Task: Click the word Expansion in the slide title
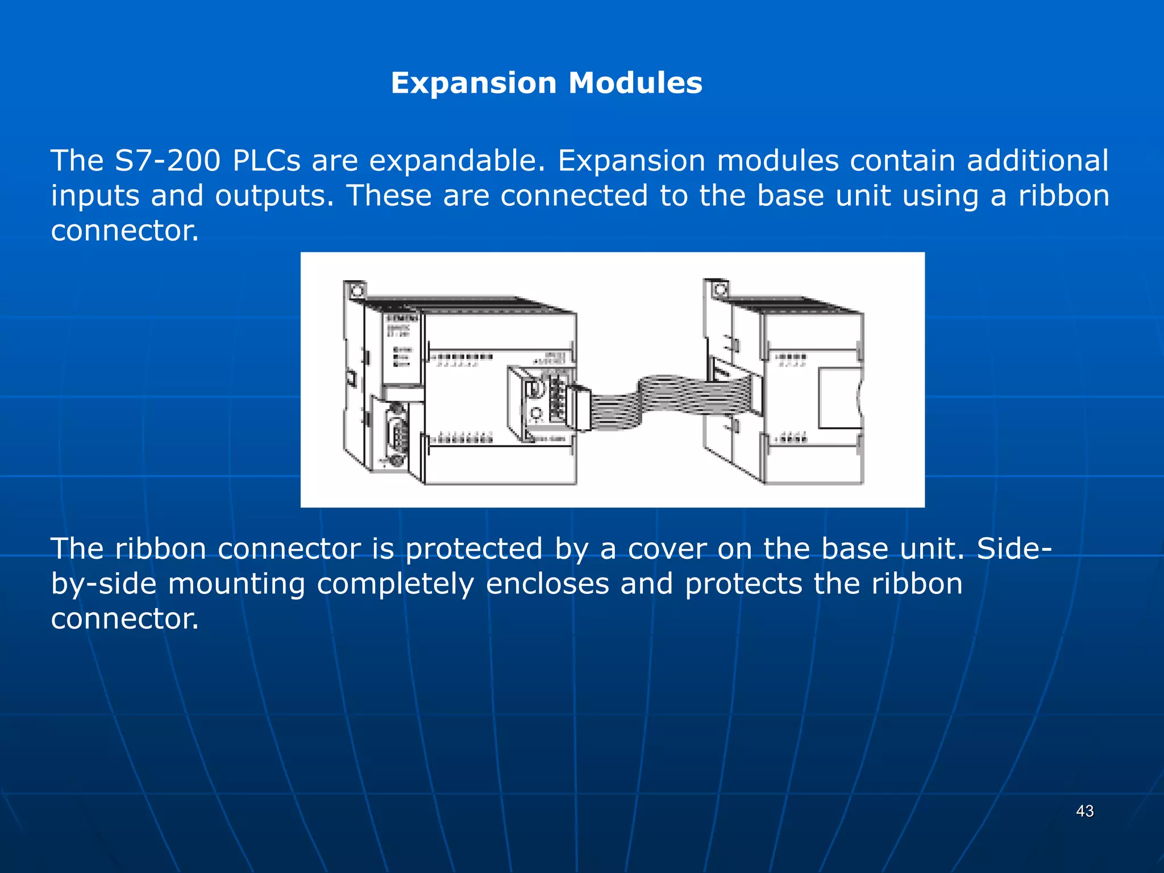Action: (473, 83)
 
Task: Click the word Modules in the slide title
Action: (635, 83)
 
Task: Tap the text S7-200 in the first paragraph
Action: (167, 161)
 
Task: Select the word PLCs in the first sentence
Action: (266, 161)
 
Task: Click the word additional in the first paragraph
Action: (1037, 161)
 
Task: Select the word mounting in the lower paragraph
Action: (236, 585)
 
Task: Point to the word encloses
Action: (547, 584)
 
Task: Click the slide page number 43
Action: (1084, 811)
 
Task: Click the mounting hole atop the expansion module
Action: (720, 290)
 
